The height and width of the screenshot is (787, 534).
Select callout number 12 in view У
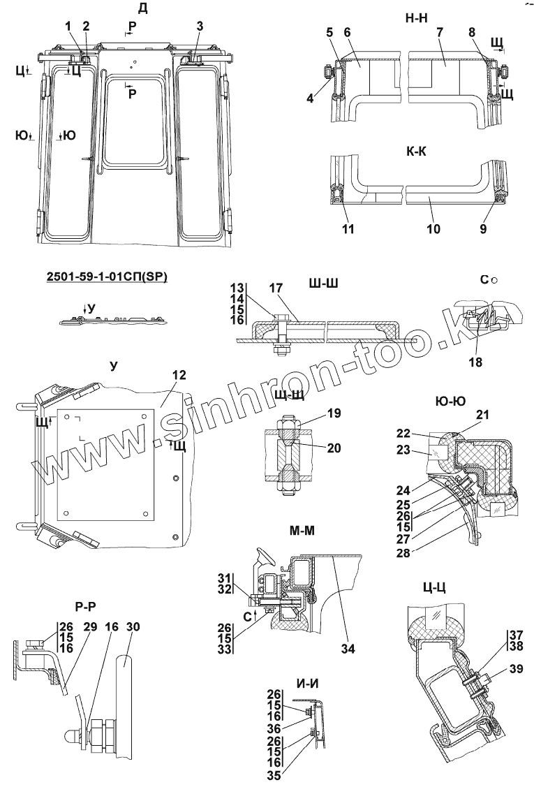pyautogui.click(x=179, y=376)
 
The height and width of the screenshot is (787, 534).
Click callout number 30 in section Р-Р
pyautogui.click(x=132, y=626)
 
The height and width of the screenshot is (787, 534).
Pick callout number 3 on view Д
pyautogui.click(x=200, y=26)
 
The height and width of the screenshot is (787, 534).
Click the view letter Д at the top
pyautogui.click(x=142, y=8)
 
